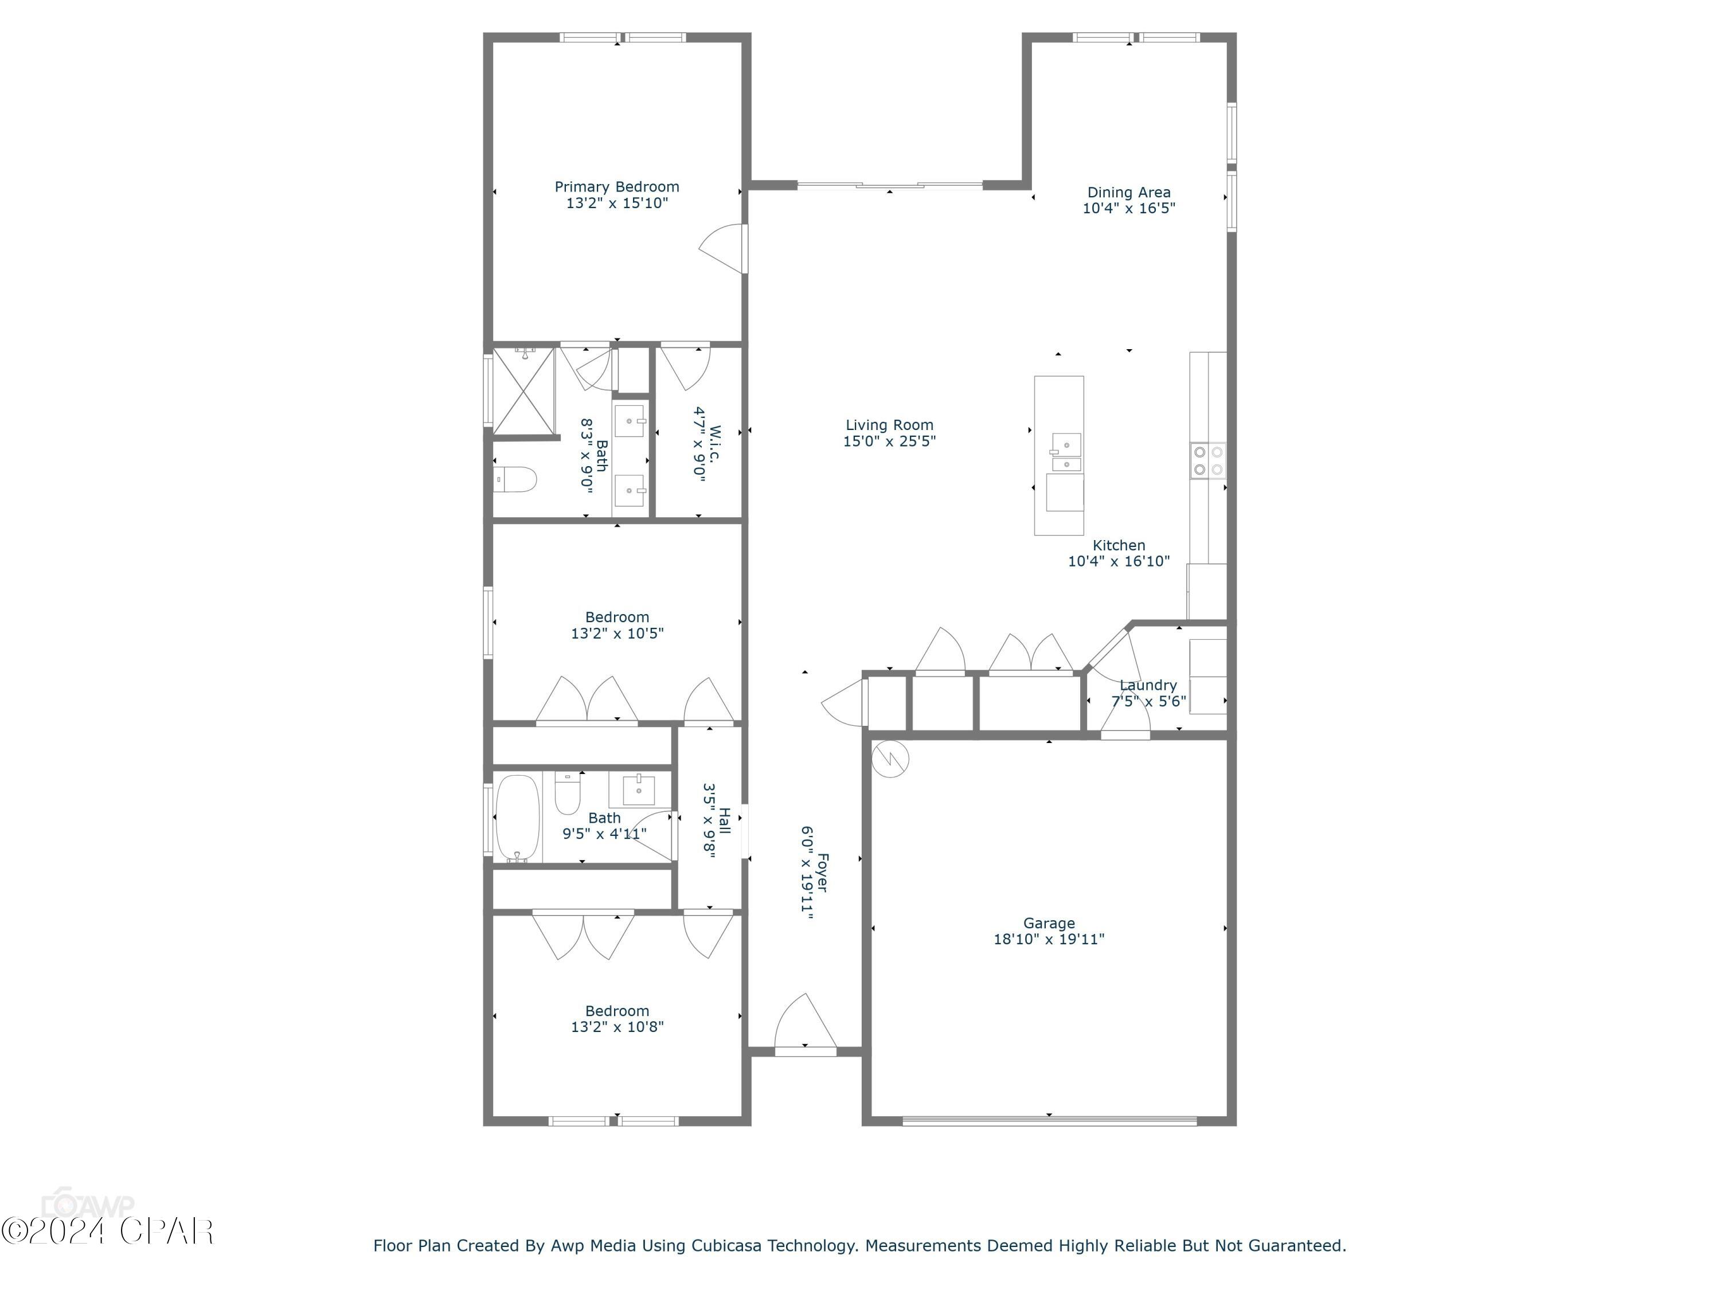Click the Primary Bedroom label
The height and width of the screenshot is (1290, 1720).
(x=616, y=186)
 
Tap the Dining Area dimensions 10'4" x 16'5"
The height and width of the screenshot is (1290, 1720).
(x=1128, y=208)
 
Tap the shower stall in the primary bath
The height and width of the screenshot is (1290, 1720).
(x=524, y=391)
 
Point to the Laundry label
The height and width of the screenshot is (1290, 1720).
(x=1148, y=685)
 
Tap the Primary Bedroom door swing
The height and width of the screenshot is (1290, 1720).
(x=723, y=249)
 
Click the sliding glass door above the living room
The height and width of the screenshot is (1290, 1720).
(x=890, y=185)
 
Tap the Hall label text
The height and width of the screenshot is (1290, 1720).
(x=724, y=820)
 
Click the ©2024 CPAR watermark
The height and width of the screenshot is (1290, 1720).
(x=107, y=1231)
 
